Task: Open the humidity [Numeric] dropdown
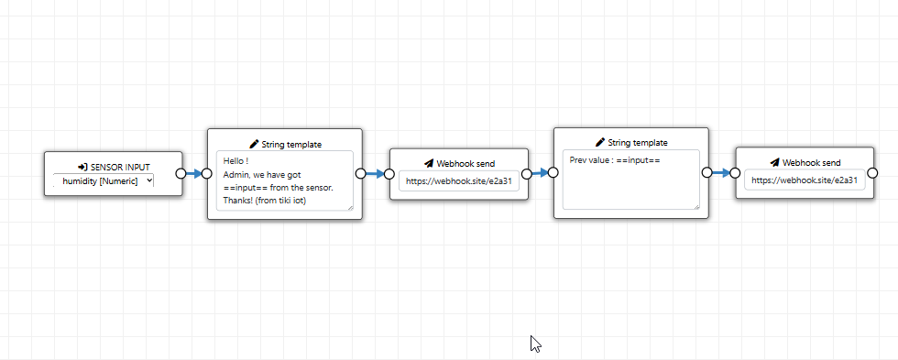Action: [x=104, y=180]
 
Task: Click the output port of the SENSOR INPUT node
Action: [x=181, y=173]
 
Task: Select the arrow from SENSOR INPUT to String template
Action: [x=194, y=173]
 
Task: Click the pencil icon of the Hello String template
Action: [x=255, y=144]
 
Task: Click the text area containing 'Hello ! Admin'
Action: [x=285, y=180]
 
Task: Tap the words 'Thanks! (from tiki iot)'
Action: [x=265, y=201]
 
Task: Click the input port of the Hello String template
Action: [x=207, y=173]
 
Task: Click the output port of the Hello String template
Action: [x=361, y=173]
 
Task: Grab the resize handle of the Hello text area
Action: [x=349, y=207]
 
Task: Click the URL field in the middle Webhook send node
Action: [x=459, y=180]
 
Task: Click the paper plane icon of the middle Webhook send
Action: [x=429, y=164]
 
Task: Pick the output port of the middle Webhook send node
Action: [x=526, y=174]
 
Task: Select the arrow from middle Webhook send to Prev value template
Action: [x=539, y=172]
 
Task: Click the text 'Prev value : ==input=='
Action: [x=615, y=159]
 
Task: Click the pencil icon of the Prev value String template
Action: [x=600, y=142]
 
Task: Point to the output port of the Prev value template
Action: [x=706, y=171]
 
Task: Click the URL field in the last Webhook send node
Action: [x=805, y=180]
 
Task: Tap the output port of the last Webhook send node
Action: [x=872, y=172]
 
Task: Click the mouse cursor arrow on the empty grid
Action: [x=535, y=343]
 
